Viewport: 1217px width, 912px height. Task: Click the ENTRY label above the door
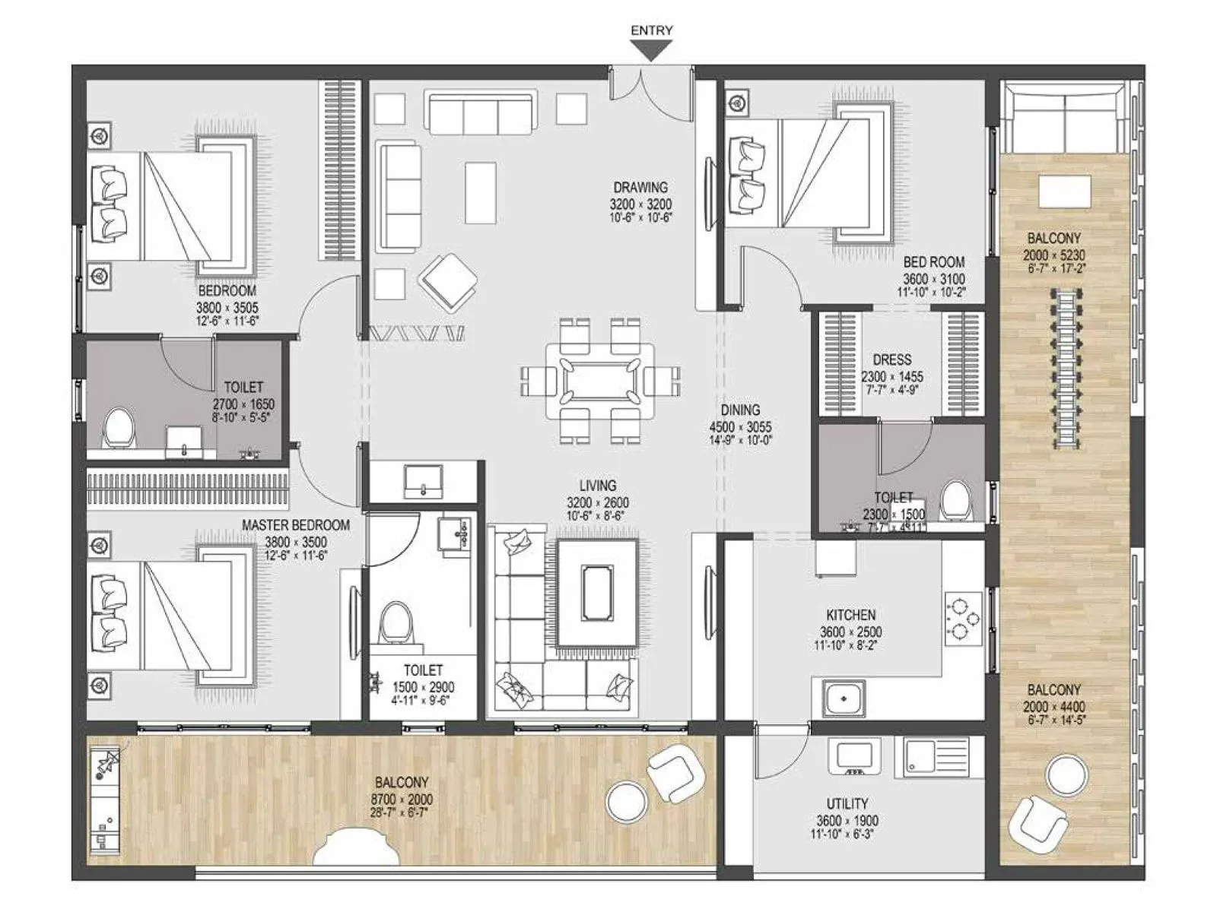click(652, 30)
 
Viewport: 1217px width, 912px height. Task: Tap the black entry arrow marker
click(653, 51)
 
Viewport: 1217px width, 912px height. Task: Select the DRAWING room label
click(640, 187)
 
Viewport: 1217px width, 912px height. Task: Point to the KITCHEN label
click(851, 615)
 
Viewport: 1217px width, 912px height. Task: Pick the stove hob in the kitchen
click(963, 616)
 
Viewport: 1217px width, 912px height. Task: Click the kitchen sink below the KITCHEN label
click(843, 697)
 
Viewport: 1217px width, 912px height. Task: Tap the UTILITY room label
click(847, 803)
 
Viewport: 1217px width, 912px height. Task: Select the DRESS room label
click(891, 359)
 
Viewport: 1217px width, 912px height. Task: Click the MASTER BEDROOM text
click(296, 525)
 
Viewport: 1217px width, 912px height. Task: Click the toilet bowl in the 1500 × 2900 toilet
click(396, 623)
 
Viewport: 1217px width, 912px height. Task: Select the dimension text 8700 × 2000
click(402, 799)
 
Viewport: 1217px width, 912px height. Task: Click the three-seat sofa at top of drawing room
click(480, 113)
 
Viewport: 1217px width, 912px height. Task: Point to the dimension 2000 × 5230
click(1053, 255)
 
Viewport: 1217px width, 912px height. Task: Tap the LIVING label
click(598, 486)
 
